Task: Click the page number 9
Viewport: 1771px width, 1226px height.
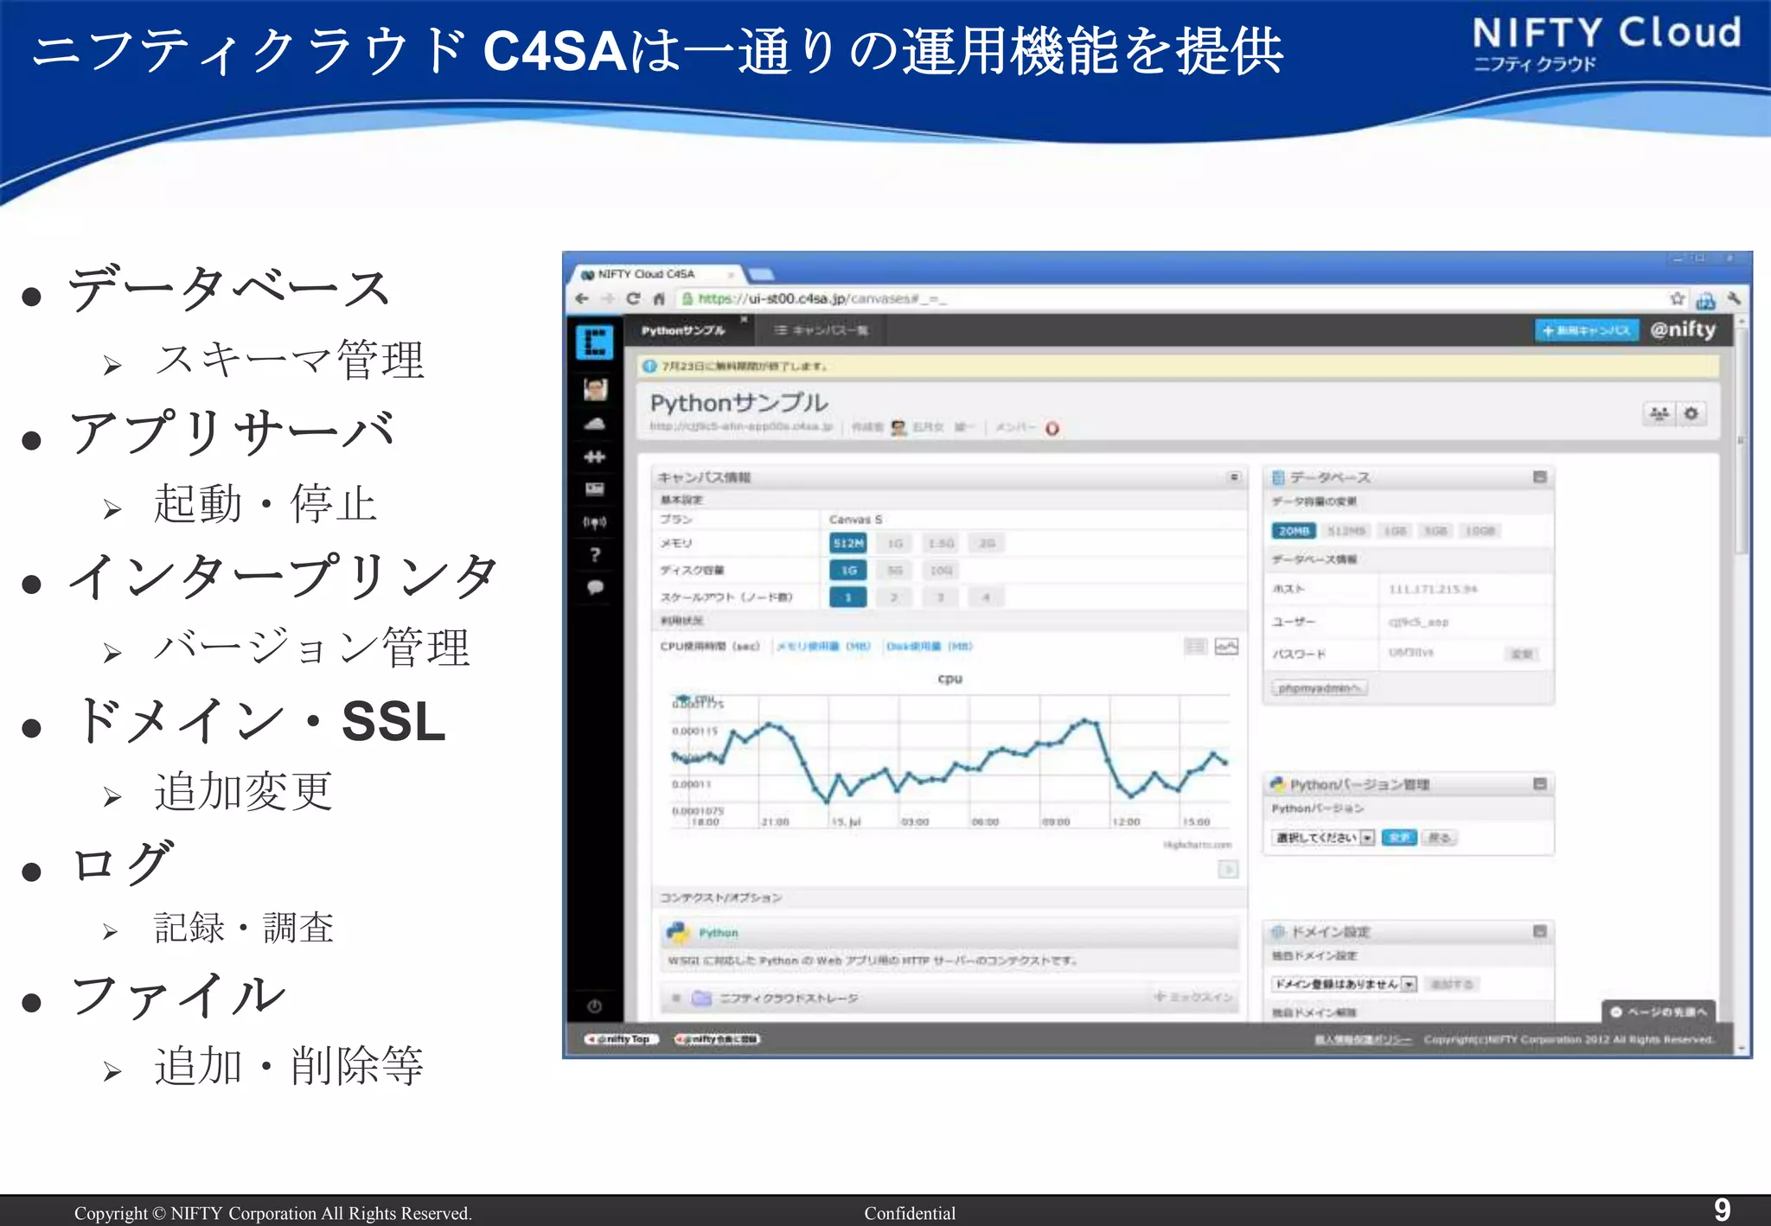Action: (1722, 1210)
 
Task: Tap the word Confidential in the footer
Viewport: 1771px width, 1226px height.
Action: (910, 1213)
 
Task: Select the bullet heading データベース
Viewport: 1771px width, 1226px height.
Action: (229, 289)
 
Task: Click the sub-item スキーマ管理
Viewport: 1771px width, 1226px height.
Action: (290, 361)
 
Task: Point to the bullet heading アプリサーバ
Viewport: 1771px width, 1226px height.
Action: (232, 432)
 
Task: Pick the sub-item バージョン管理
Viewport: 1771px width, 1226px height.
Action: (311, 648)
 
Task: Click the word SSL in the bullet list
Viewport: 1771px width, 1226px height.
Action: (393, 721)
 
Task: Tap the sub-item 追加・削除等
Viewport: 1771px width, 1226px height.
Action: (289, 1065)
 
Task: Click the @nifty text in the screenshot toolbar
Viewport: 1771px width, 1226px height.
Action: (1682, 329)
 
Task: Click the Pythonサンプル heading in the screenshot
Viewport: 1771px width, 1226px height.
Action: (738, 403)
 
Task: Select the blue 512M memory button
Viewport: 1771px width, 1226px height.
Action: (847, 543)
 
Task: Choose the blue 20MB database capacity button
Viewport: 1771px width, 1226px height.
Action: (1293, 531)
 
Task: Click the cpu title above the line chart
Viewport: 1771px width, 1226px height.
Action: (949, 679)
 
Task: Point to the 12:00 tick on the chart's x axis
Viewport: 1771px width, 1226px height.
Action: (1126, 821)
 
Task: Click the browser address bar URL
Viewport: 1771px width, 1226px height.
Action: (821, 299)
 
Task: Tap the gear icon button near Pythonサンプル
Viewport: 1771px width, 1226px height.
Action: (1691, 414)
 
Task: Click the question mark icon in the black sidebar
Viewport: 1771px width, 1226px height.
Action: (595, 555)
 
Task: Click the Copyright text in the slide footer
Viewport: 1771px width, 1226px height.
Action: (272, 1213)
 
